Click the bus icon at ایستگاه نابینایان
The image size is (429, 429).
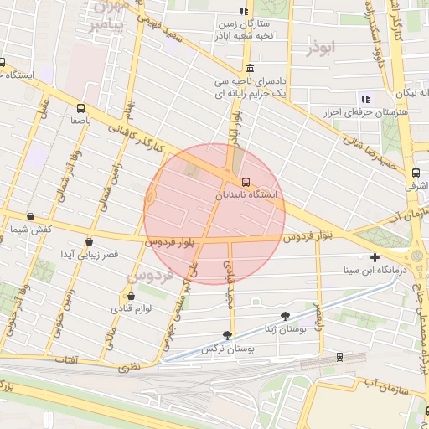tap(246, 182)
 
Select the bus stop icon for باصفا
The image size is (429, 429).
tap(81, 108)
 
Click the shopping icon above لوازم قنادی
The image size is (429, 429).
tap(129, 296)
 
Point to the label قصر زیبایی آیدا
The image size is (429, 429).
tap(89, 253)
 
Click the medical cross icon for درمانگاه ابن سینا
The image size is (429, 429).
tap(375, 258)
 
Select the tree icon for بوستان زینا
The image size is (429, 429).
tap(287, 316)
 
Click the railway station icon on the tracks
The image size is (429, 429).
tap(339, 356)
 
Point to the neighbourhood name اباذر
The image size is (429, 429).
tap(320, 49)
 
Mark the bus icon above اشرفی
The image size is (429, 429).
tap(416, 174)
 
